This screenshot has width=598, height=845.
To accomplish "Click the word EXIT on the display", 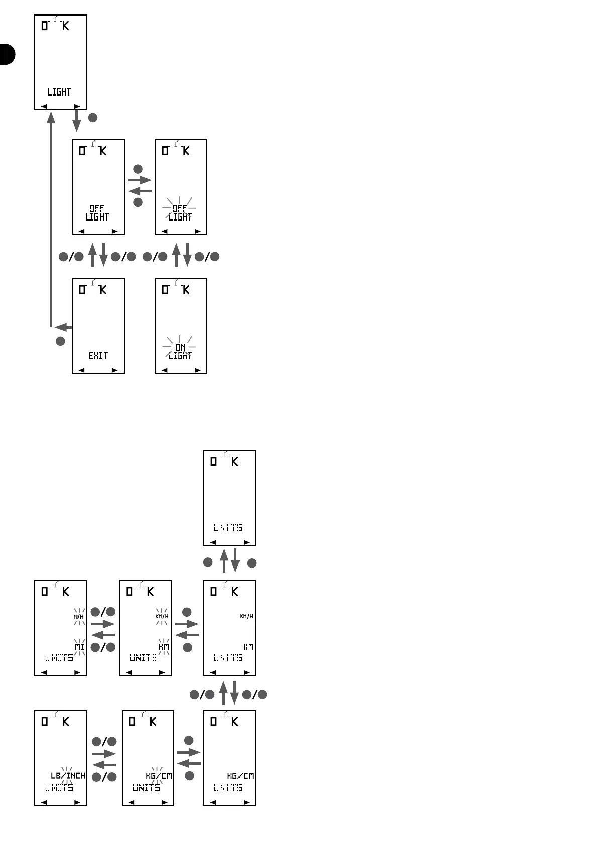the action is (98, 356).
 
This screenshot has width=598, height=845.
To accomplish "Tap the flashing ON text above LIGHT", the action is (180, 347).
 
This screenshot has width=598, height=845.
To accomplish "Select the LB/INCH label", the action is (68, 776).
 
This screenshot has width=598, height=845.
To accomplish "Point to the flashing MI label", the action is (79, 647).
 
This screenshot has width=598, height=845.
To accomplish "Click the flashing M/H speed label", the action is (79, 616).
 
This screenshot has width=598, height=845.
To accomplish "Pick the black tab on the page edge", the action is (7, 54).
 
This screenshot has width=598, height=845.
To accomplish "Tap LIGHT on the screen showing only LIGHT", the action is (60, 92).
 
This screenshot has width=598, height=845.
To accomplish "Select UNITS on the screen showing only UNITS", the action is (228, 528).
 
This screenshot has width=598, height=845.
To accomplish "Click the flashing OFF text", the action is (180, 208).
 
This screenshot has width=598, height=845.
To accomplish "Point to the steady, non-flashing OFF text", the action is (97, 208).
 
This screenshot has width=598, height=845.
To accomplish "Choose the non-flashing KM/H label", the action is (246, 616).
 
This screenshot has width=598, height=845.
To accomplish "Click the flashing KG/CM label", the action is (159, 776).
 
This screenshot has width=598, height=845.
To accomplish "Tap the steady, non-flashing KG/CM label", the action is (241, 776).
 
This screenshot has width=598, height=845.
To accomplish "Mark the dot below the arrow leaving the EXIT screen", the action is (60, 341).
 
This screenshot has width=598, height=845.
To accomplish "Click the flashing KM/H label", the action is (162, 616).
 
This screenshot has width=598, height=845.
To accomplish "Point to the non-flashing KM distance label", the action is (248, 647).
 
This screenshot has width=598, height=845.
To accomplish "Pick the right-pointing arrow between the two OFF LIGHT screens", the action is (140, 180).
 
